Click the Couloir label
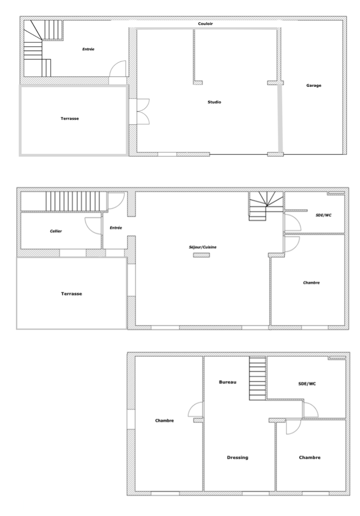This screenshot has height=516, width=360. [x=205, y=24]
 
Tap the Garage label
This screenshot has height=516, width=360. [x=314, y=85]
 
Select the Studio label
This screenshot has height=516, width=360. [x=214, y=102]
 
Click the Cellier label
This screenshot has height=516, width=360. [x=56, y=231]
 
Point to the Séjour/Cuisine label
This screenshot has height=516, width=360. [x=203, y=247]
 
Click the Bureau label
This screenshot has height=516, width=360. [x=228, y=382]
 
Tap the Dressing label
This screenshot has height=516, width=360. [x=238, y=458]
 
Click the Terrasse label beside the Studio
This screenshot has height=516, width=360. [x=70, y=118]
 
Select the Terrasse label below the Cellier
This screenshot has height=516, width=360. [x=71, y=294]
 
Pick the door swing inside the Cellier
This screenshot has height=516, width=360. [x=93, y=226]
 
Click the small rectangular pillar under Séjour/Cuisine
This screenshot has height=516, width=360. [x=201, y=255]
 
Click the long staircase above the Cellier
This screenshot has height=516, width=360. [x=76, y=201]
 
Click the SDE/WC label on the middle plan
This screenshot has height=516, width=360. [x=323, y=215]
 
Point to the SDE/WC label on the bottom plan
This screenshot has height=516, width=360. [x=307, y=384]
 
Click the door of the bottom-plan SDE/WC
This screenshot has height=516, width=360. [x=311, y=411]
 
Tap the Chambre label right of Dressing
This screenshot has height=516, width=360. [x=310, y=458]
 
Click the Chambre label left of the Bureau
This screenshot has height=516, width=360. [x=165, y=421]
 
